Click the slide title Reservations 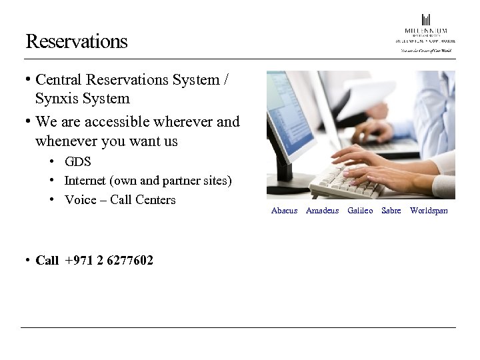(x=76, y=41)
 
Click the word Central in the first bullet (x=59, y=80)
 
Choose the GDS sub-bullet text (x=77, y=162)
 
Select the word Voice (x=80, y=200)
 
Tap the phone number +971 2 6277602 (x=109, y=261)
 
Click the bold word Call (x=47, y=261)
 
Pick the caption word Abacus (x=284, y=211)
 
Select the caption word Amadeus (x=322, y=211)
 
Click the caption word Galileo (x=360, y=211)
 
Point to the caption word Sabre (x=391, y=211)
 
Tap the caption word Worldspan (x=429, y=211)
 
